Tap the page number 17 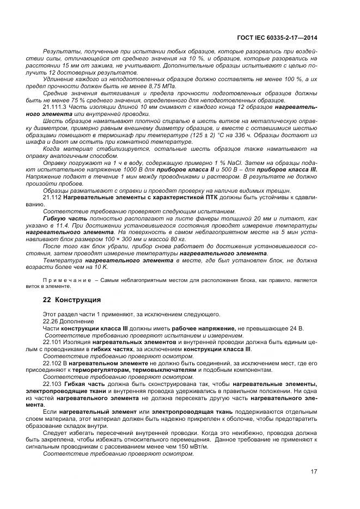314,471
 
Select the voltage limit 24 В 297,328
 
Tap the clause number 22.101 53,342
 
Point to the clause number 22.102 53,363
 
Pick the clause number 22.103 53,384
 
